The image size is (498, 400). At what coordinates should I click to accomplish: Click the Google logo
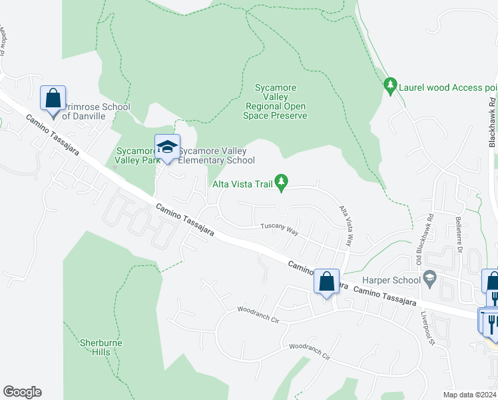(22, 392)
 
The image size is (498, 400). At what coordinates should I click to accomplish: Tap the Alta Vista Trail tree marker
(282, 181)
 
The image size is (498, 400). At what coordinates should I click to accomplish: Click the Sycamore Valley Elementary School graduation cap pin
(168, 147)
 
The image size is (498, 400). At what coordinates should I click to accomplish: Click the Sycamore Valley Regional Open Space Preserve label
(276, 101)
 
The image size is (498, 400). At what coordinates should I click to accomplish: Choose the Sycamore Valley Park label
(135, 155)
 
